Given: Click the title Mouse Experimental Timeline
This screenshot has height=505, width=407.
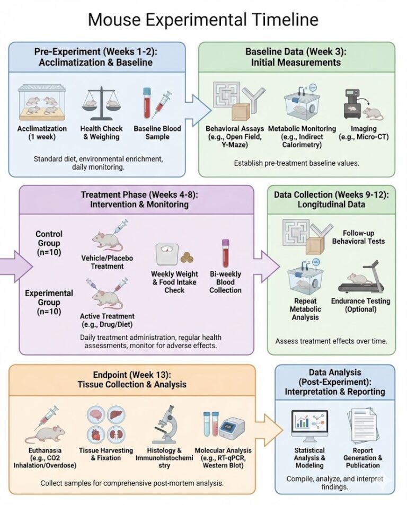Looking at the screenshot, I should pyautogui.click(x=203, y=20).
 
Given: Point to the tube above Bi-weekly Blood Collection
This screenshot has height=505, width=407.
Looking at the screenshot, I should pyautogui.click(x=225, y=254).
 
